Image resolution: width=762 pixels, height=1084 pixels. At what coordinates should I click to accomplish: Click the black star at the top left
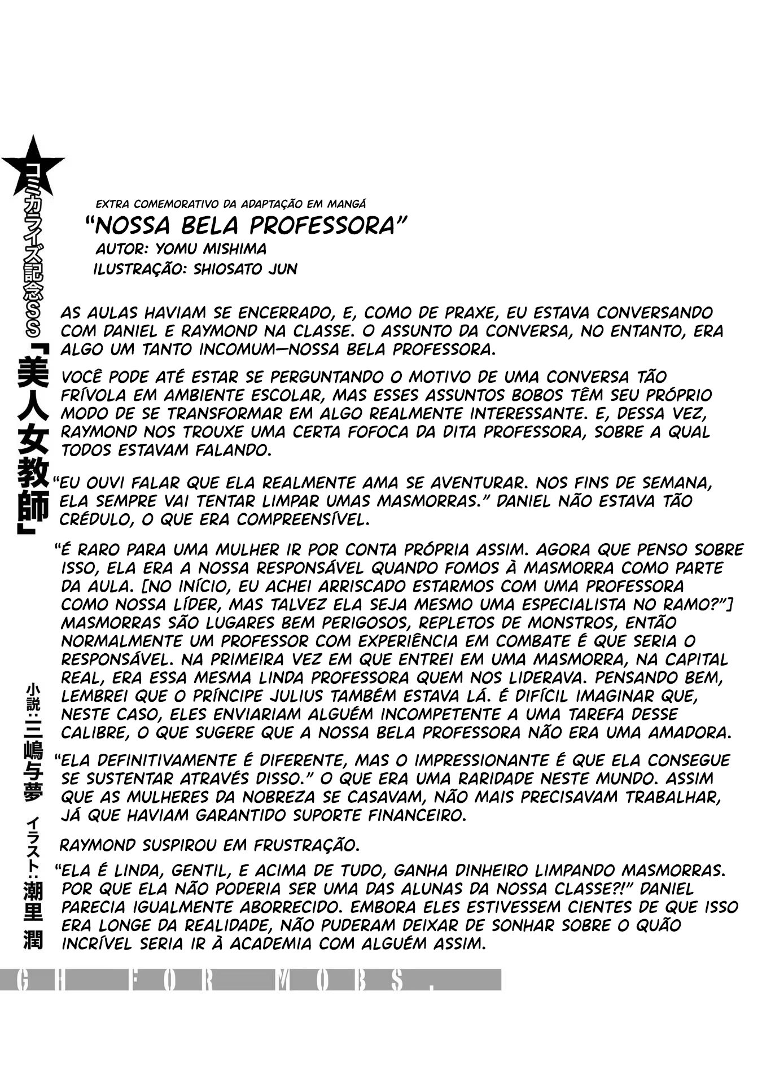pyautogui.click(x=33, y=165)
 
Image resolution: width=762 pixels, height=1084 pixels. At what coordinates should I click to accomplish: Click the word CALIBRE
pyautogui.click(x=93, y=733)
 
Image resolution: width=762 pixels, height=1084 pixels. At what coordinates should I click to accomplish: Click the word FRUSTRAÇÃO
pyautogui.click(x=305, y=845)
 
